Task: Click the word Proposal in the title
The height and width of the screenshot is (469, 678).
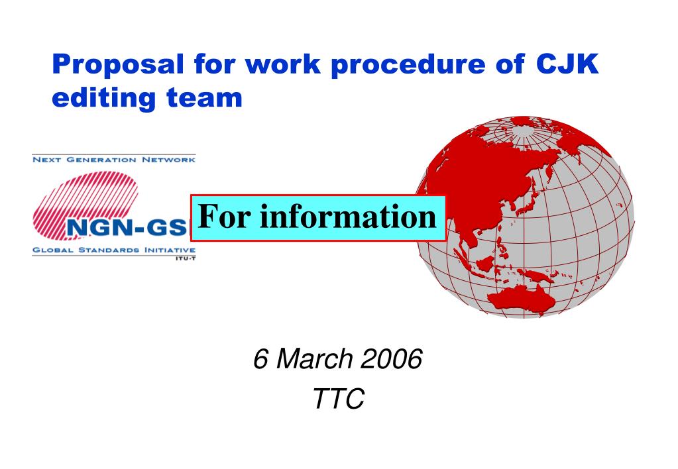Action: [x=118, y=64]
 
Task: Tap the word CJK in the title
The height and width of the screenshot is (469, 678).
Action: [x=567, y=64]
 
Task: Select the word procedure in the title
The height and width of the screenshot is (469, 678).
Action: [x=408, y=64]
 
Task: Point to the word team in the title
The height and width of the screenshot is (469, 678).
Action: [x=205, y=98]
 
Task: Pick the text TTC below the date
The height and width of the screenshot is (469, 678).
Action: [x=339, y=398]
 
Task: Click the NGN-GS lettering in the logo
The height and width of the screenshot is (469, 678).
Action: [x=127, y=227]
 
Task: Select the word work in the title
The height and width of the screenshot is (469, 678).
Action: [x=283, y=64]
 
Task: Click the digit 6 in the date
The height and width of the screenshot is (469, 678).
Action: [x=260, y=359]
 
